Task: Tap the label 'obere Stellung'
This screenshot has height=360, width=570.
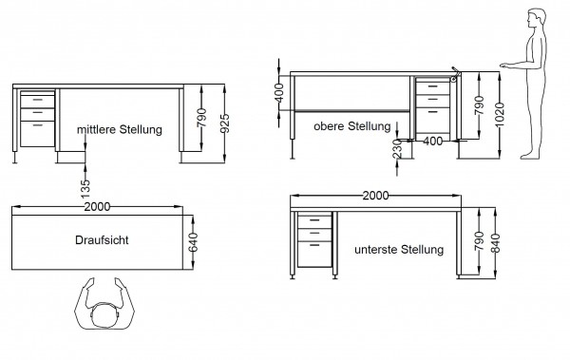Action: (352, 126)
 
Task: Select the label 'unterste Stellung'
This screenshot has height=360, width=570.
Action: (398, 251)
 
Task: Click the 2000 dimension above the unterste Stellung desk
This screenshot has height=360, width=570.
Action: (377, 196)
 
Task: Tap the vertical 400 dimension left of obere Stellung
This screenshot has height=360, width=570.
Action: (279, 93)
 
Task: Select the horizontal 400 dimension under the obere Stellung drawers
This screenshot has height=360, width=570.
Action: (433, 142)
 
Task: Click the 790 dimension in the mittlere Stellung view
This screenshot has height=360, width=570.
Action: (202, 118)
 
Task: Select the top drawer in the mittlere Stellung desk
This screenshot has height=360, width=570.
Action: (37, 98)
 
